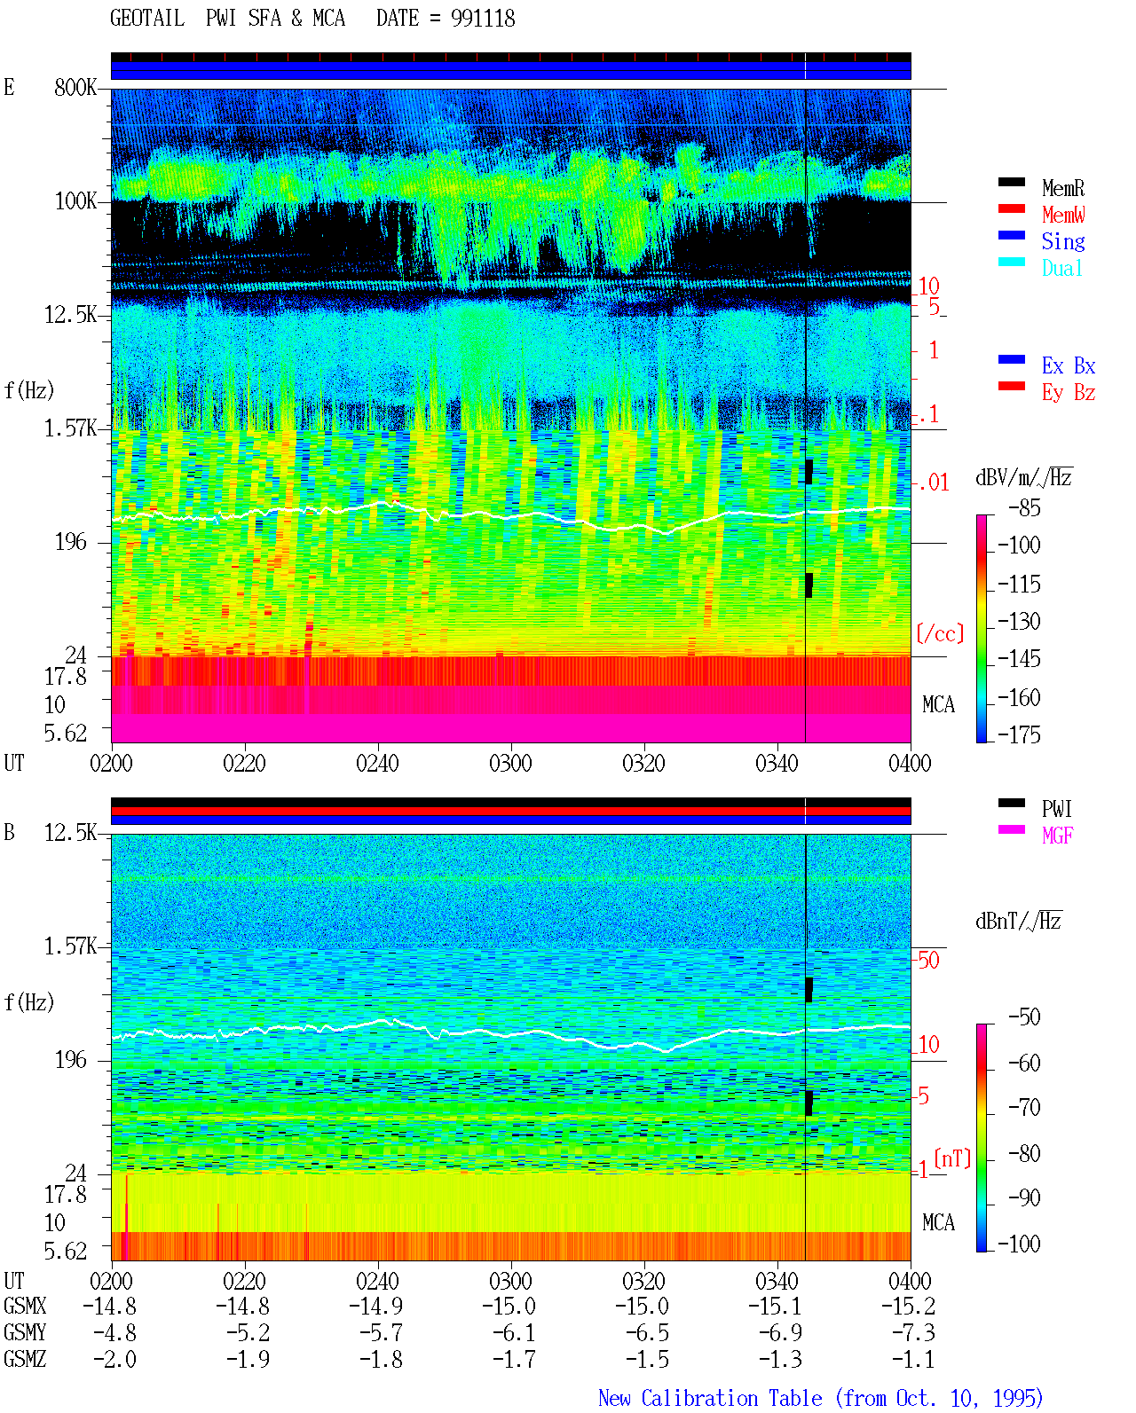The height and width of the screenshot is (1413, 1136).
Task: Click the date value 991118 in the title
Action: (x=482, y=19)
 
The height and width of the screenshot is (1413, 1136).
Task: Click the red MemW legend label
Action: (x=1062, y=214)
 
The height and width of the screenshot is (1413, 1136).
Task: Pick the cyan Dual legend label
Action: (x=1061, y=268)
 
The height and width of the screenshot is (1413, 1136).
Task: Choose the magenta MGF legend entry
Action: (x=1057, y=836)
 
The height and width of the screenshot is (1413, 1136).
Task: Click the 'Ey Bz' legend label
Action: (x=1068, y=392)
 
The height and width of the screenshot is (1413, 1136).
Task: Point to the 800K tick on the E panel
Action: (x=75, y=87)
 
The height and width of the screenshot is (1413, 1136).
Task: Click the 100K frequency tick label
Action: (x=75, y=201)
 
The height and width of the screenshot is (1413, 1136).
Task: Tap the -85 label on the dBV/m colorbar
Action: (x=1024, y=507)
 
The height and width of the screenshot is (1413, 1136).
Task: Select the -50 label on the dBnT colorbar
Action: (x=1024, y=1017)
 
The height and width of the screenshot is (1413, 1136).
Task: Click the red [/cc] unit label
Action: (x=940, y=633)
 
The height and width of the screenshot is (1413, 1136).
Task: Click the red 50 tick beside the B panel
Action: (x=928, y=960)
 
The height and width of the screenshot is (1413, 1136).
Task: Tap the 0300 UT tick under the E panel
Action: (x=510, y=763)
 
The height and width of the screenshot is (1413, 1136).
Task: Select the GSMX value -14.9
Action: (x=377, y=1306)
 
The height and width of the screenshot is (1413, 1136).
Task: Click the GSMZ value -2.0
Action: (x=114, y=1359)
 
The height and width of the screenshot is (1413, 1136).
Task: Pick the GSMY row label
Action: (x=25, y=1332)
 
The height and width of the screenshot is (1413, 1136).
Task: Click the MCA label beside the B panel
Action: (x=938, y=1222)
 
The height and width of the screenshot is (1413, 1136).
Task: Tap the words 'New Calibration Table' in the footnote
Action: (x=710, y=1398)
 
